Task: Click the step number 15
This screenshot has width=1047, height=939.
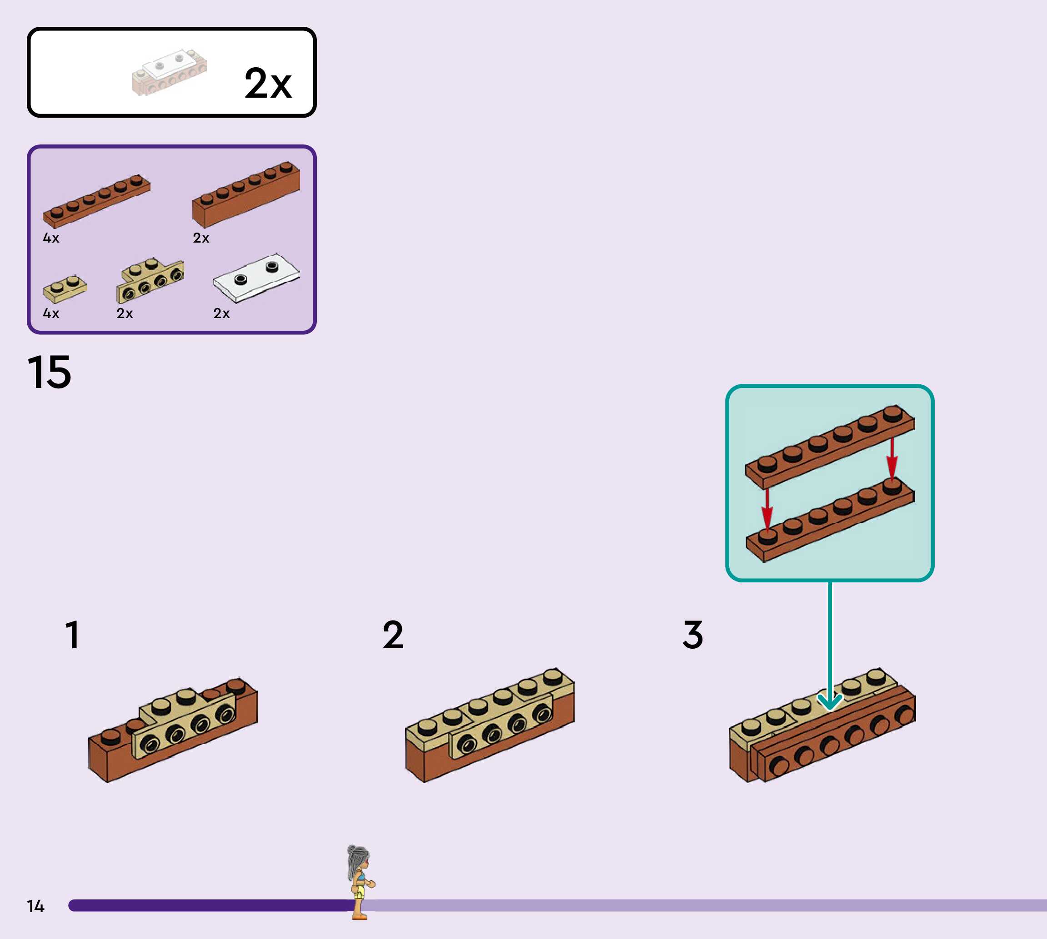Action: [49, 372]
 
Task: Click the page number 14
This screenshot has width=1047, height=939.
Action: [35, 906]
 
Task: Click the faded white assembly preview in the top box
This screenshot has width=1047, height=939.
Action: [169, 72]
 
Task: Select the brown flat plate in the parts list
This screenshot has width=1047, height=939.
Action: [96, 201]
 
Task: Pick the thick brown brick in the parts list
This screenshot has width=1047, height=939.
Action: [246, 195]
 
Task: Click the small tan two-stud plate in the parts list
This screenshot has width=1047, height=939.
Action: [65, 289]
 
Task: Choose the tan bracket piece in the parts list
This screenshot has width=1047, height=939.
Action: [150, 281]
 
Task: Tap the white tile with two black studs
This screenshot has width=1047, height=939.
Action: [256, 277]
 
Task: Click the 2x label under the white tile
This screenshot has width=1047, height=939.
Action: [221, 313]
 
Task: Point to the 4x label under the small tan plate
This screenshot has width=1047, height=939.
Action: [51, 313]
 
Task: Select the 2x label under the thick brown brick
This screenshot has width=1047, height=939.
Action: [201, 238]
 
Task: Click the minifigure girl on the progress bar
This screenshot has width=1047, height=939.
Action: [360, 882]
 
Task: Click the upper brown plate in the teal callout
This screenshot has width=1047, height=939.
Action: [830, 446]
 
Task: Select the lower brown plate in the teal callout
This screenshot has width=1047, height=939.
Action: [830, 518]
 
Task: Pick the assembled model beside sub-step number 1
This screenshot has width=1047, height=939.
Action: [173, 730]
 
